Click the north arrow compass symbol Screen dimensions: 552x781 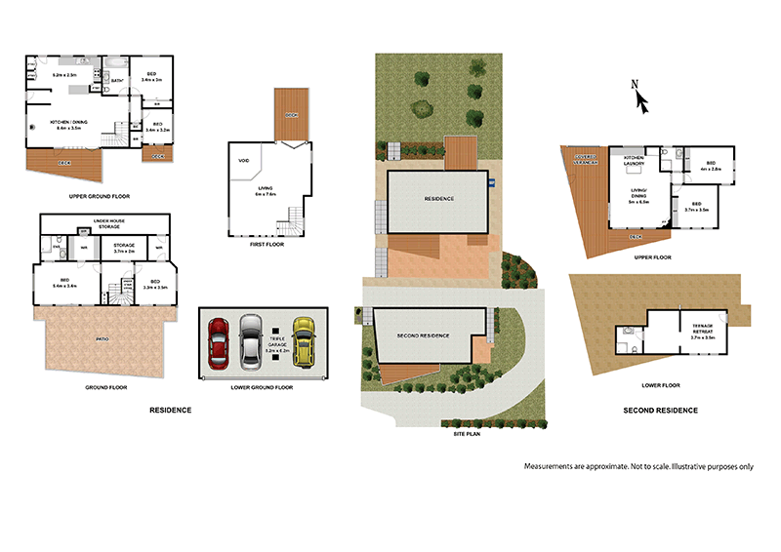[637, 98]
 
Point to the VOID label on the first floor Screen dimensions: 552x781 [243, 160]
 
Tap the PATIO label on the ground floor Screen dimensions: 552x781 [104, 341]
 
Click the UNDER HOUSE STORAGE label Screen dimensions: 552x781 [107, 223]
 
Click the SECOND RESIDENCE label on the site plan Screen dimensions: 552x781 [424, 335]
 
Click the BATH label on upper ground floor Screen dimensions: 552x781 [116, 81]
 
